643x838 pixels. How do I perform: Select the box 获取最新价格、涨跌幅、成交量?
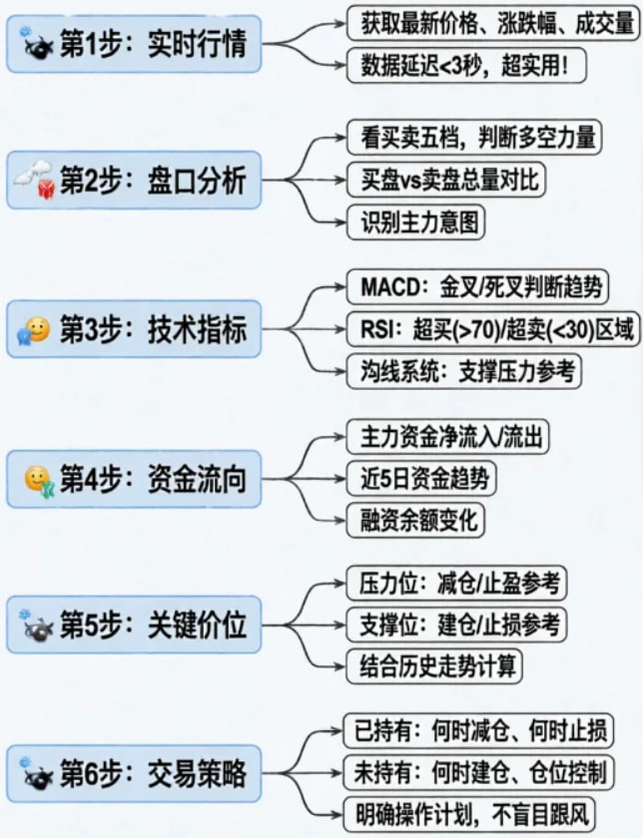pyautogui.click(x=490, y=20)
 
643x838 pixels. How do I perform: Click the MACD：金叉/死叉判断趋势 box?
pyautogui.click(x=479, y=287)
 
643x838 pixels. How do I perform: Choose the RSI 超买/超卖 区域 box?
pyautogui.click(x=492, y=329)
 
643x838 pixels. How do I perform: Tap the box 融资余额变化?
pyautogui.click(x=412, y=519)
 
